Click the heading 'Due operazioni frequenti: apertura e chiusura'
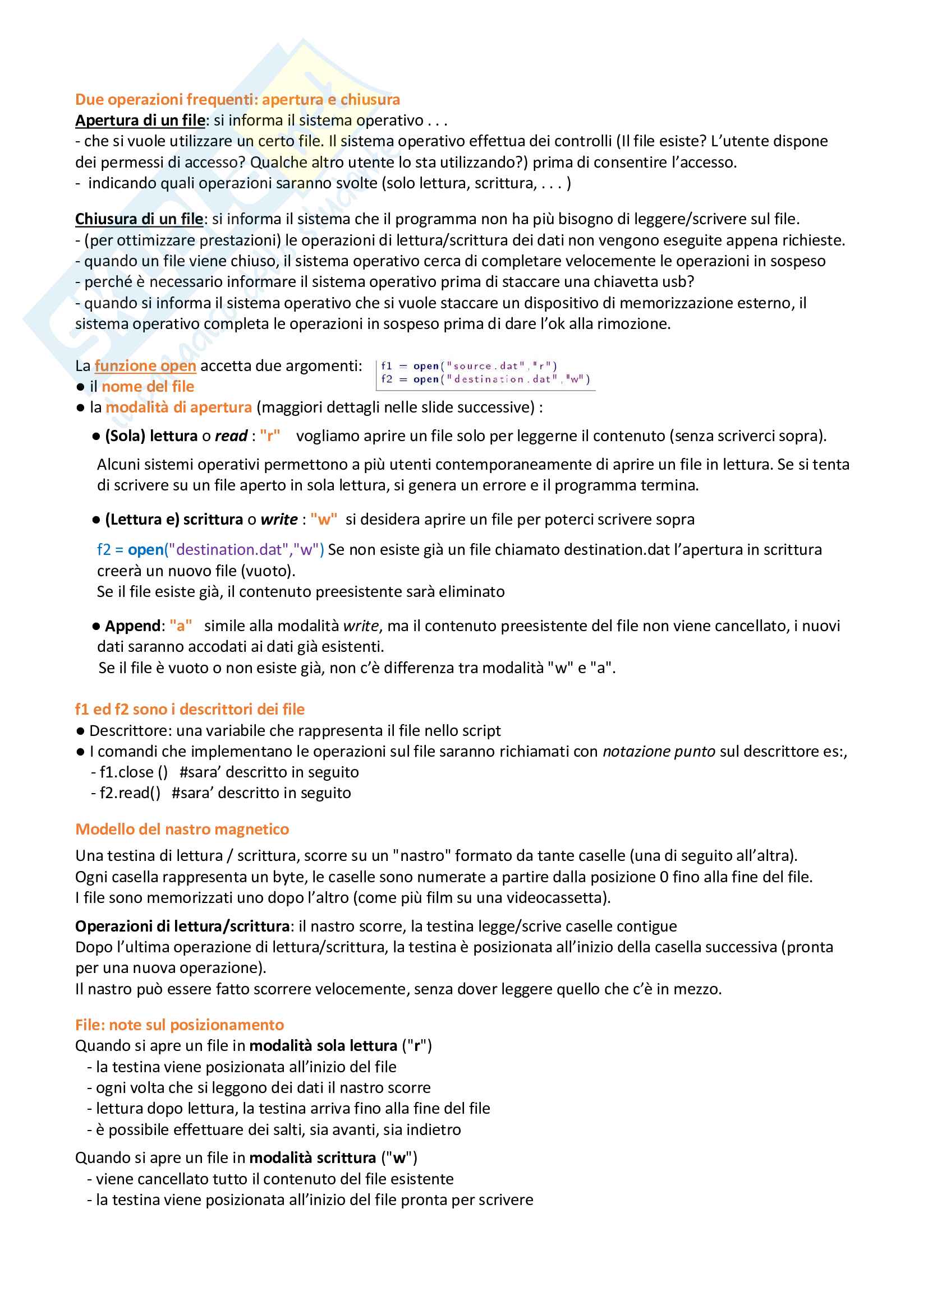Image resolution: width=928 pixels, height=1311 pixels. [237, 99]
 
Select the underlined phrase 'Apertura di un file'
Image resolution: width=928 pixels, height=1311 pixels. [140, 121]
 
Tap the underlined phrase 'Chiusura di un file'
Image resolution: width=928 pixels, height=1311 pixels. [139, 219]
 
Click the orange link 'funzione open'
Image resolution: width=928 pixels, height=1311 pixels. [145, 365]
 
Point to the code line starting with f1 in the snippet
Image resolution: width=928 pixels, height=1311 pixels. [468, 366]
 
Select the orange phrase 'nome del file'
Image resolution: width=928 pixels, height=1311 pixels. [148, 387]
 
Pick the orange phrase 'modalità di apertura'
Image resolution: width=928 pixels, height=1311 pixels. [178, 407]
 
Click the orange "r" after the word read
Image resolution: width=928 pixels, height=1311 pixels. [270, 436]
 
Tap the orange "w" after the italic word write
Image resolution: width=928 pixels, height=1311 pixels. [323, 519]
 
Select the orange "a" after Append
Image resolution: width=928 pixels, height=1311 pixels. [181, 626]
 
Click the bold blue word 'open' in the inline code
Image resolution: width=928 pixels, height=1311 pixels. [146, 549]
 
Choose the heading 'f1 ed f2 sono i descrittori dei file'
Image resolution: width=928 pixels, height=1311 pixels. [190, 709]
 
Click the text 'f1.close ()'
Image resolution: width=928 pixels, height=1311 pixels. [134, 772]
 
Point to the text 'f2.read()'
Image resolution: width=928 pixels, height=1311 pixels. [130, 793]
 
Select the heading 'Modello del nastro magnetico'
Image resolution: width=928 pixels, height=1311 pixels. [182, 829]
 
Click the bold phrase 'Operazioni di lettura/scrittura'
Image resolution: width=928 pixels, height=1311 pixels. [182, 925]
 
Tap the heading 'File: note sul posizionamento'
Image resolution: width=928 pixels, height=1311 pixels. [180, 1025]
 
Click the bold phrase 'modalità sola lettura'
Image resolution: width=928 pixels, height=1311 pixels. [323, 1045]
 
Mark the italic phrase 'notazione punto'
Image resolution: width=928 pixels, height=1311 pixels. [658, 752]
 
